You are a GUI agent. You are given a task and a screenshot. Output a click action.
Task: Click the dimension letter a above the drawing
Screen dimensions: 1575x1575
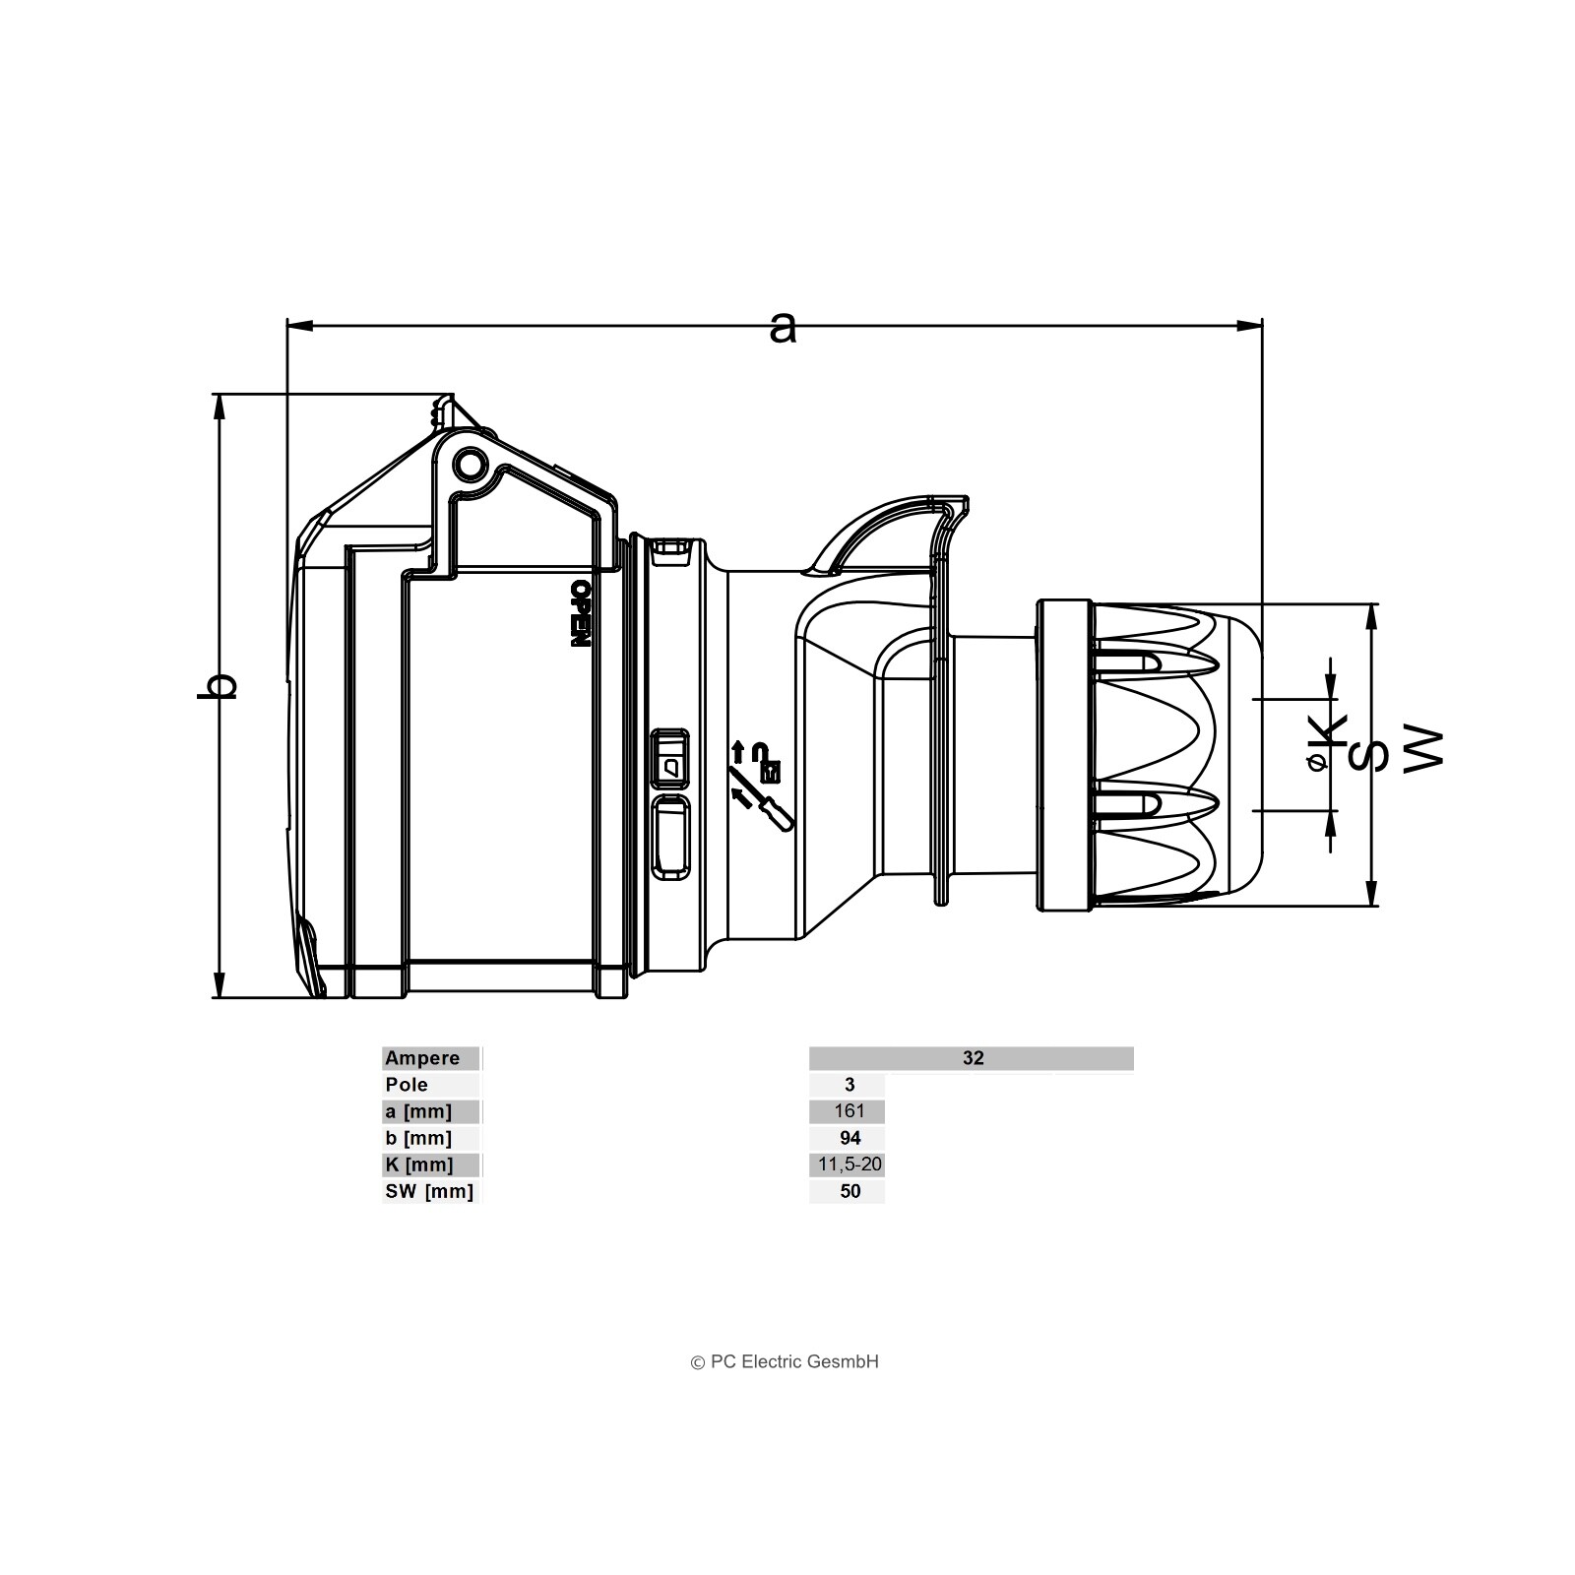point(783,328)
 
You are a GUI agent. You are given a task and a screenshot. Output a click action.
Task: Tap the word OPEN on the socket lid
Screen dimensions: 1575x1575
point(580,612)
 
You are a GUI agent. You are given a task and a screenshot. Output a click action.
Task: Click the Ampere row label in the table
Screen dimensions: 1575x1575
point(422,1058)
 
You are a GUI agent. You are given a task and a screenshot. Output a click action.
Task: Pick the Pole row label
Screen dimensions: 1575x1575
point(407,1085)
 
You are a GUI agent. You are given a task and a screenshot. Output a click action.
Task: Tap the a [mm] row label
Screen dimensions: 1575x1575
point(418,1111)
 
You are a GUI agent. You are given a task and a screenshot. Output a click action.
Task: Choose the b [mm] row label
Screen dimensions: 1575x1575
point(418,1138)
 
